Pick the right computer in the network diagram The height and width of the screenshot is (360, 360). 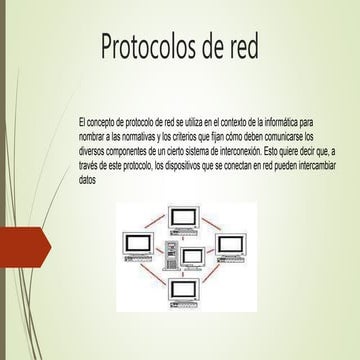point(233,243)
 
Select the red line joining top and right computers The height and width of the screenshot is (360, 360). point(215,222)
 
